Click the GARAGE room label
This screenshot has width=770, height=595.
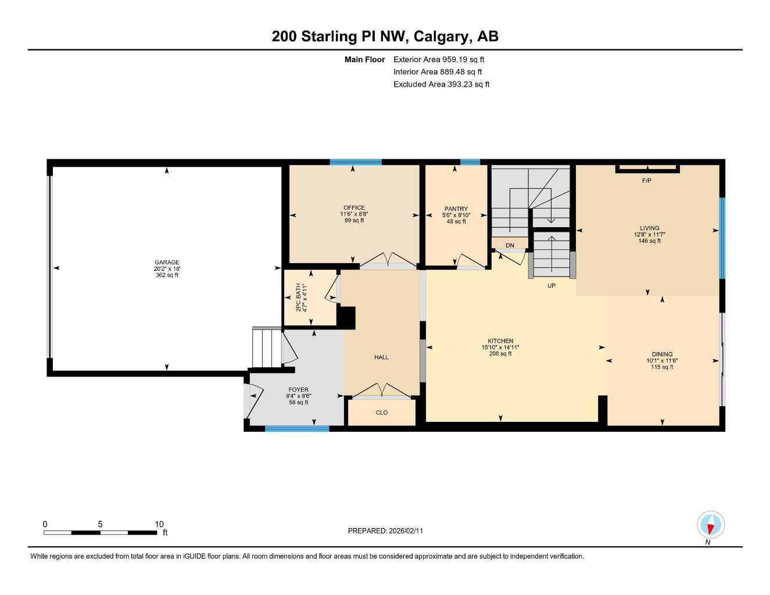pos(167,262)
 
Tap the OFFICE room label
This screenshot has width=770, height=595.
pos(354,207)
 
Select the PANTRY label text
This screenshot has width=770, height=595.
pos(456,209)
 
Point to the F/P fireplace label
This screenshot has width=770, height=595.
pos(646,181)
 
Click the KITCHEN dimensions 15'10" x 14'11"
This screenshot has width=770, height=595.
pos(500,347)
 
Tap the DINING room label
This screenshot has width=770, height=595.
pos(662,354)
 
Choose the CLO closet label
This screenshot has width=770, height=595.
pos(382,413)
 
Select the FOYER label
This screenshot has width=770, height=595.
pos(299,390)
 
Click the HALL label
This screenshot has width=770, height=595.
pos(381,357)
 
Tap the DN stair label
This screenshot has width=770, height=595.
pos(510,245)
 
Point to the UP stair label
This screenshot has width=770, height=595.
pos(551,285)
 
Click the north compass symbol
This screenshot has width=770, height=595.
pos(710,526)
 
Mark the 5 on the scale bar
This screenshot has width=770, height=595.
pos(100,524)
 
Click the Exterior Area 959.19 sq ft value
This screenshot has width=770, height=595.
pos(439,59)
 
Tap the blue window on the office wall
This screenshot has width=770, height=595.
pos(356,162)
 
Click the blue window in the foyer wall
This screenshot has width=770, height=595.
pos(297,429)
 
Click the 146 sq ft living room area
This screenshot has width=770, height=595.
pos(650,241)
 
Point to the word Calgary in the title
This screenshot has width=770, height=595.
pos(442,36)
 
